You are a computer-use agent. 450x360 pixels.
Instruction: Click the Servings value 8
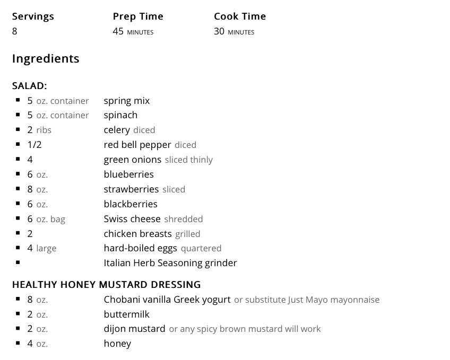pyautogui.click(x=15, y=31)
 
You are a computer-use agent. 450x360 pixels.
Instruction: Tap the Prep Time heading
pyautogui.click(x=138, y=16)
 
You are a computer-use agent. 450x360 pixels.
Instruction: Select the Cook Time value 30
pyautogui.click(x=219, y=31)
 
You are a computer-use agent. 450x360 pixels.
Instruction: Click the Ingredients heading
pyautogui.click(x=46, y=58)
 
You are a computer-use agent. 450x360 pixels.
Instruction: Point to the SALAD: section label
pyautogui.click(x=29, y=85)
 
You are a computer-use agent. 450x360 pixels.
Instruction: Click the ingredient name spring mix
pyautogui.click(x=127, y=101)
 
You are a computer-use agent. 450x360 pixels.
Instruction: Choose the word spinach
pyautogui.click(x=120, y=115)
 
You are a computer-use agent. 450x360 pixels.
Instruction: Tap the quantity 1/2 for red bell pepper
pyautogui.click(x=34, y=145)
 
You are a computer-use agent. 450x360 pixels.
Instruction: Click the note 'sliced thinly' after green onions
pyautogui.click(x=188, y=160)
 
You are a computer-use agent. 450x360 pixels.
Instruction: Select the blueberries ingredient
pyautogui.click(x=128, y=174)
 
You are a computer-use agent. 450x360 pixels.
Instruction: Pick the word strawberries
pyautogui.click(x=131, y=189)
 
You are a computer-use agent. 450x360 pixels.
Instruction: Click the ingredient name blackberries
pyautogui.click(x=131, y=204)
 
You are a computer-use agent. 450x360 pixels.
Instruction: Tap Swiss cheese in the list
pyautogui.click(x=132, y=219)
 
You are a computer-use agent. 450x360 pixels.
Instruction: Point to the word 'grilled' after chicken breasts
pyautogui.click(x=187, y=234)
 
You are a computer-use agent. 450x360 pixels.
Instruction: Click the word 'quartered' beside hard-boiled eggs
pyautogui.click(x=201, y=248)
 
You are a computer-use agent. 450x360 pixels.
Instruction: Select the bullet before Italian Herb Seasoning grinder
pyautogui.click(x=18, y=262)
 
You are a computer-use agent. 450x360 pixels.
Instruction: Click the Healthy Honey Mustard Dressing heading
pyautogui.click(x=106, y=285)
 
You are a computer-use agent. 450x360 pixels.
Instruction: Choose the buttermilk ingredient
pyautogui.click(x=127, y=314)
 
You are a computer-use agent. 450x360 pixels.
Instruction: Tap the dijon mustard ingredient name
pyautogui.click(x=134, y=329)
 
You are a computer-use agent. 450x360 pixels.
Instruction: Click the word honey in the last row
pyautogui.click(x=117, y=344)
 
